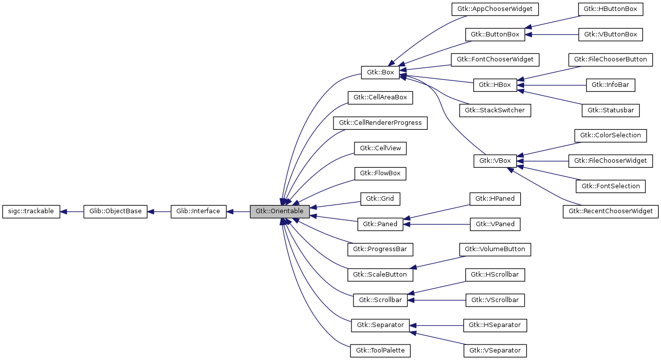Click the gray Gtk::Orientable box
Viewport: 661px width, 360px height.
tap(280, 211)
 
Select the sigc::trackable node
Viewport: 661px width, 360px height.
tap(31, 211)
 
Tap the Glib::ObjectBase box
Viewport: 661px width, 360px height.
tap(115, 211)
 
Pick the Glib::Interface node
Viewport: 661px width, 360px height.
tap(198, 211)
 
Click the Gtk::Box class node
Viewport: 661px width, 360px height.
tap(380, 72)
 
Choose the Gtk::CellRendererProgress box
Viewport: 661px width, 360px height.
tap(380, 123)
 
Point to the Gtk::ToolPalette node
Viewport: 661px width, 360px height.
tap(380, 351)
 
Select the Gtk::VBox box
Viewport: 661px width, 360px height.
tap(495, 161)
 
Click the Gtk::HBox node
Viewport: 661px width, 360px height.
tap(495, 85)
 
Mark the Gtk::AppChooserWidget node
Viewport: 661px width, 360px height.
tap(495, 9)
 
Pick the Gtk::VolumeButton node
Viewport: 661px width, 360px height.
tap(495, 249)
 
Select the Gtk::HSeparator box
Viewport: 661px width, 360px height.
tap(495, 325)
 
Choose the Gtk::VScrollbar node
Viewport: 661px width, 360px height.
tap(495, 300)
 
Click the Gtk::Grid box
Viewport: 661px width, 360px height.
tap(380, 199)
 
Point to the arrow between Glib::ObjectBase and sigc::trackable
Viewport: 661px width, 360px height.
tap(72, 211)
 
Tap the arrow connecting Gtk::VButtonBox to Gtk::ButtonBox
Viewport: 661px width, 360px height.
tap(552, 34)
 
